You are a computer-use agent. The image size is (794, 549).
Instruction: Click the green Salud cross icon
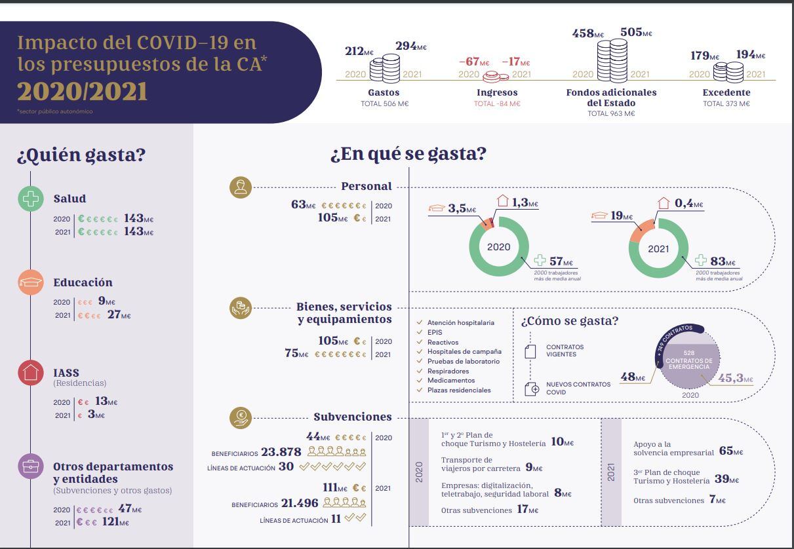point(30,199)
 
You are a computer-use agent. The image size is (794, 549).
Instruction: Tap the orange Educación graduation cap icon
point(30,282)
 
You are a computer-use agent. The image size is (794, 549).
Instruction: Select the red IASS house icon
point(30,373)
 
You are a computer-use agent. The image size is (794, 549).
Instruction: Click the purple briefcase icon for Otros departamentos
point(30,466)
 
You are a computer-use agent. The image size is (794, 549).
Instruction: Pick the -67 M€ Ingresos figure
point(474,62)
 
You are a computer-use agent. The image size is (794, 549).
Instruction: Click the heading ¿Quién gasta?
point(81,155)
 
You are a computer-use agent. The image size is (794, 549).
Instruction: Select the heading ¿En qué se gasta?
point(408,154)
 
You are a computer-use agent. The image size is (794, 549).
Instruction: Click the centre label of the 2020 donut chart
point(498,247)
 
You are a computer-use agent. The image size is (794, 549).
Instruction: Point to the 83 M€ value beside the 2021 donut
point(722,261)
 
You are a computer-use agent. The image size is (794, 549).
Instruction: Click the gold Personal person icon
point(241,187)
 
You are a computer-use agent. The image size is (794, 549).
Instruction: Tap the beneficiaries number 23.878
point(281,452)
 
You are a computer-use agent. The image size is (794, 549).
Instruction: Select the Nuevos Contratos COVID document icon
point(532,388)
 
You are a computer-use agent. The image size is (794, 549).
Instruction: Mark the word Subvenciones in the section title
point(352,417)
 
